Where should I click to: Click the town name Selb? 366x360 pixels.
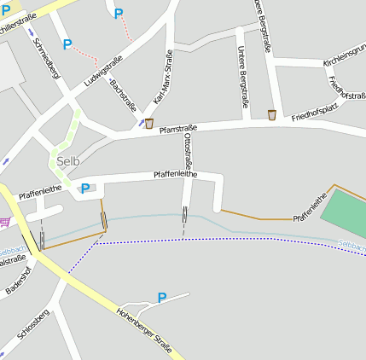pyautogui.click(x=69, y=161)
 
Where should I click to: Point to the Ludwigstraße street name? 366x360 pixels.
pyautogui.click(x=103, y=72)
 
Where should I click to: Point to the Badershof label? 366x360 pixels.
pyautogui.click(x=18, y=280)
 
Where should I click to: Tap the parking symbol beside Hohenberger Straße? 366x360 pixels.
pyautogui.click(x=161, y=298)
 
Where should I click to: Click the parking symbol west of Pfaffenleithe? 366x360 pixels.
pyautogui.click(x=84, y=189)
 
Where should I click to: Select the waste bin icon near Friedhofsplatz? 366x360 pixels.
pyautogui.click(x=272, y=115)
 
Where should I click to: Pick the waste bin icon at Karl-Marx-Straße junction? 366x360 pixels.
pyautogui.click(x=149, y=124)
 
